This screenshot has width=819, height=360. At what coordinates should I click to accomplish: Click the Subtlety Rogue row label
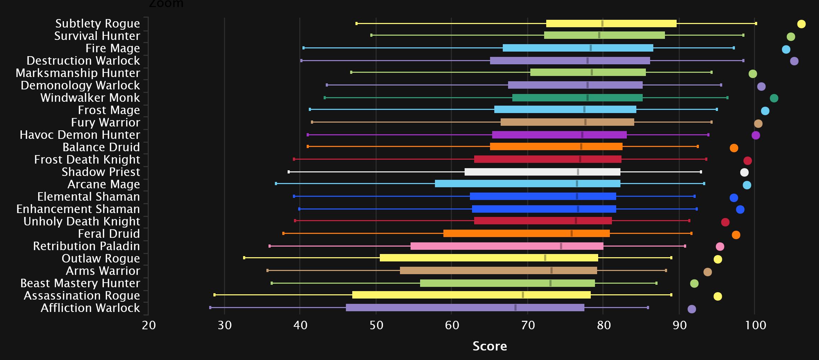98,23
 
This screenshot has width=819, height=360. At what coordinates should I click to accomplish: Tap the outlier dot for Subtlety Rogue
801,24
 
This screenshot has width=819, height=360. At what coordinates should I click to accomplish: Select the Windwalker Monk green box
577,98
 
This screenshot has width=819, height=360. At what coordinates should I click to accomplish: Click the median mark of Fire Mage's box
591,48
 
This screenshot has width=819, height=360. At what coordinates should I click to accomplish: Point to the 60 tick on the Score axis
452,325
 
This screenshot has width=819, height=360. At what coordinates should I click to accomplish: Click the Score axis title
490,346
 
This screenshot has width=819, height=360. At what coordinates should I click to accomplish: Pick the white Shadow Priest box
542,172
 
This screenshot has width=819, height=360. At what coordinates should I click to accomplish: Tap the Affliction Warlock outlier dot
692,309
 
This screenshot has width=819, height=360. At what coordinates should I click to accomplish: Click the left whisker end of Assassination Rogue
214,295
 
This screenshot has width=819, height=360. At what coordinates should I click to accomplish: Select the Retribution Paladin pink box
507,246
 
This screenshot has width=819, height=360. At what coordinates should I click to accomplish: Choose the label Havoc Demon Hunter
80,135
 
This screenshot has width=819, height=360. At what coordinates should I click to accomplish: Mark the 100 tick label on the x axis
755,325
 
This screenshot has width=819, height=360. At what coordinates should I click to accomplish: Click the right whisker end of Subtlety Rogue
756,24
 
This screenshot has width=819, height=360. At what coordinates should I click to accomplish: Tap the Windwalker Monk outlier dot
774,98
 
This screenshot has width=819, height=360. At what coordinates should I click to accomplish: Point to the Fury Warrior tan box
567,122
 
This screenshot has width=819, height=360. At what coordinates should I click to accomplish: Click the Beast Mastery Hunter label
80,283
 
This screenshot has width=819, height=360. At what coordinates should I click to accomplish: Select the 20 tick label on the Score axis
149,325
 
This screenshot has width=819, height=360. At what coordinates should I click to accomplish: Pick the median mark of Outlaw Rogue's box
545,258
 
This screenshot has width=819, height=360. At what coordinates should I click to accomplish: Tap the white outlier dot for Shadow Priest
744,172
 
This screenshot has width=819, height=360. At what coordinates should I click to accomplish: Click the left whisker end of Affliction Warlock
210,308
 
